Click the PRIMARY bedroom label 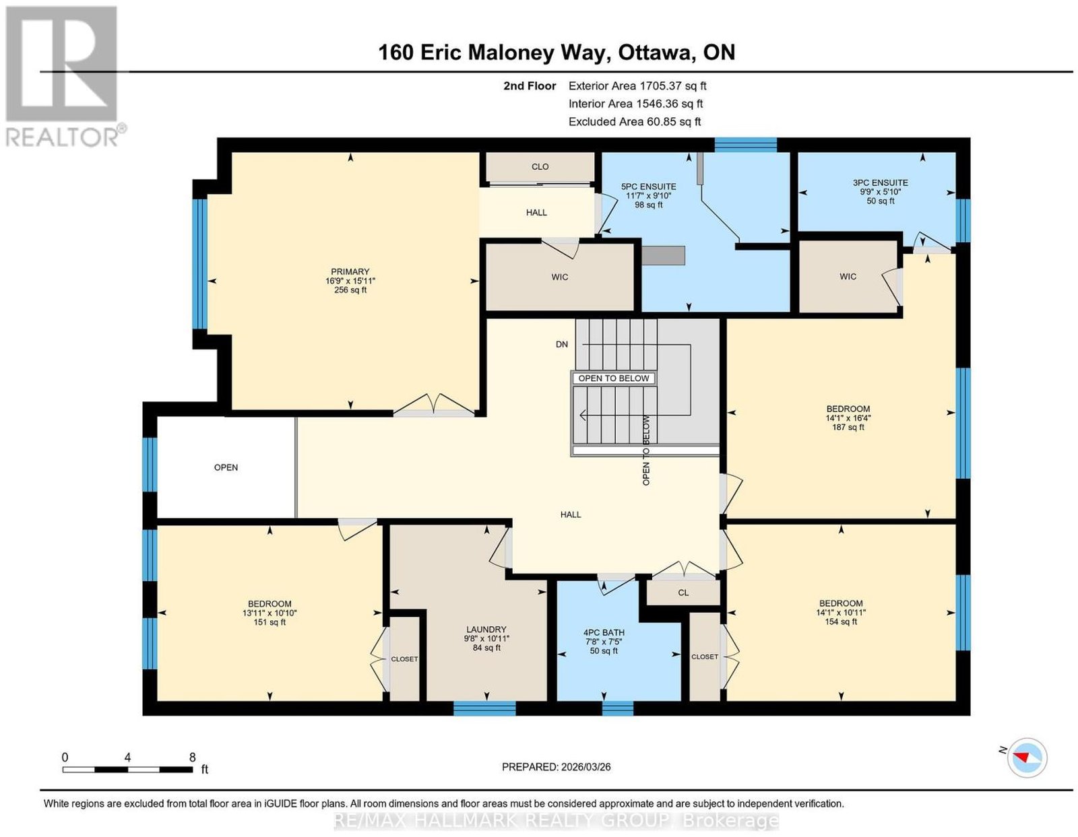(350, 271)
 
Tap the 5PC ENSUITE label (648, 187)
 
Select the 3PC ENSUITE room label (881, 183)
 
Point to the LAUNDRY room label (486, 630)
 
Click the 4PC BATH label (604, 632)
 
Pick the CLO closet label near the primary (540, 166)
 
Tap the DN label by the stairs (562, 344)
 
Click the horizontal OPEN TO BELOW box (614, 378)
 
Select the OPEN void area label (226, 467)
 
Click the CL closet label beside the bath (683, 593)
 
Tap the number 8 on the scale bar (193, 758)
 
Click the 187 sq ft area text (848, 427)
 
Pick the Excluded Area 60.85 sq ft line (635, 121)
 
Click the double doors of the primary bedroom (434, 404)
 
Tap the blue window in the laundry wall (484, 708)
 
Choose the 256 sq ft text (350, 290)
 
